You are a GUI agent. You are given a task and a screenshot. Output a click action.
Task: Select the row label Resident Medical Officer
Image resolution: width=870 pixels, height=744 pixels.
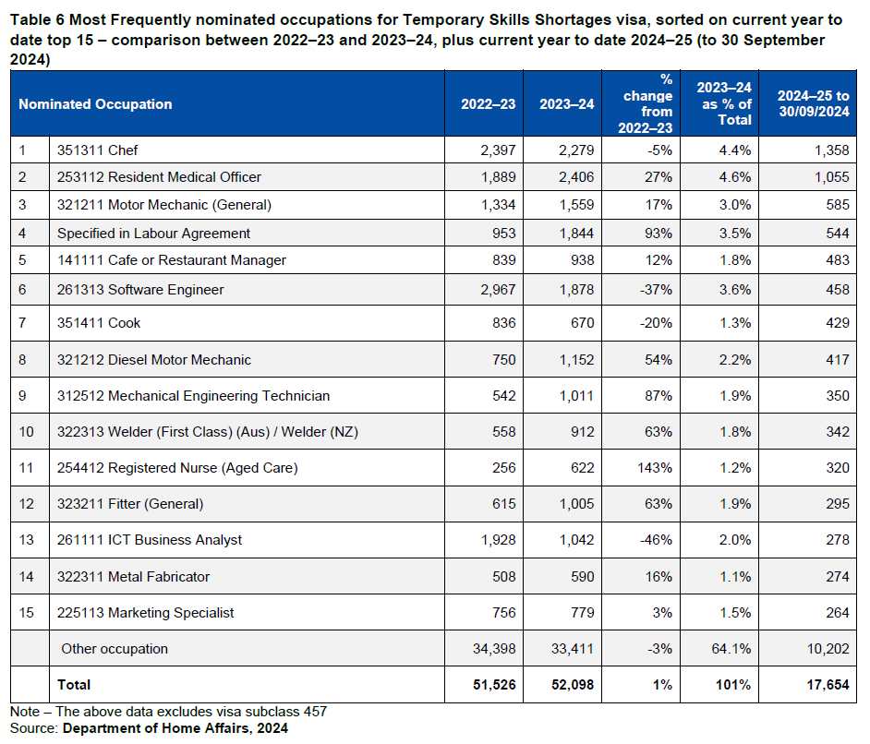(159, 177)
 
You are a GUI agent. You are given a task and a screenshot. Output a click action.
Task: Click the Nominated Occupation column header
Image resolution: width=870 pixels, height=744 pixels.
(95, 104)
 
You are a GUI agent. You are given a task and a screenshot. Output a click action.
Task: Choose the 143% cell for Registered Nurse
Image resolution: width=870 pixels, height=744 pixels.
(655, 468)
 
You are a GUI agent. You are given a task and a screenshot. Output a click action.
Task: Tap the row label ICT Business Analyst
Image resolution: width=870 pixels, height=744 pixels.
(150, 540)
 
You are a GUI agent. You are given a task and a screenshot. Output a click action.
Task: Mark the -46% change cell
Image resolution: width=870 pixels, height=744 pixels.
(657, 540)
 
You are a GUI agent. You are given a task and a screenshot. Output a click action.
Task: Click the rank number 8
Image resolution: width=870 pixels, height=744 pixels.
(24, 360)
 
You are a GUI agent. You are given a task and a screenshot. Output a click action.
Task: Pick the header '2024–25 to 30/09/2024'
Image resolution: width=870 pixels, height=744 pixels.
(813, 104)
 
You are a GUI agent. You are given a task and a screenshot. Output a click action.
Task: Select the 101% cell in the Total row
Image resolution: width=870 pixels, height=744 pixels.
(735, 685)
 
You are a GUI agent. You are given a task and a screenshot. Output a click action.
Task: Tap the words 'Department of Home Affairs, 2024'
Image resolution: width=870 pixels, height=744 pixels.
(175, 728)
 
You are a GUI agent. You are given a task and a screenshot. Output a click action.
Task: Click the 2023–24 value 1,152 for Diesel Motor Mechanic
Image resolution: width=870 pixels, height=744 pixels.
(574, 360)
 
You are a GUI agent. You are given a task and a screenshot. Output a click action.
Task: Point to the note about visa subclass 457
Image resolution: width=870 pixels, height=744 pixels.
(168, 712)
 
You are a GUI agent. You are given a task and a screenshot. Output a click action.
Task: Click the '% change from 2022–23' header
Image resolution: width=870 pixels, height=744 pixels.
(647, 104)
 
